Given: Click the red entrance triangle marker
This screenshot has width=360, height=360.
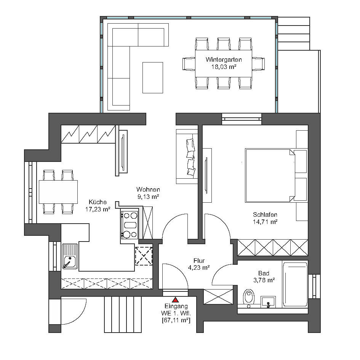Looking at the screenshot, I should point(175,300).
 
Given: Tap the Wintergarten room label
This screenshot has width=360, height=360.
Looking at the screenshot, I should point(223,60).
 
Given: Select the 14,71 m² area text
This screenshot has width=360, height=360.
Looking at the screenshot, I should point(265,221).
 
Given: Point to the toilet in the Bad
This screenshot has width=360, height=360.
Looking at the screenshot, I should point(249,296).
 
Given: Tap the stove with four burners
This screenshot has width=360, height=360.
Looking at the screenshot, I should point(130,224).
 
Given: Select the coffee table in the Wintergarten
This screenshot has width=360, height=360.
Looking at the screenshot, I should point(152,77).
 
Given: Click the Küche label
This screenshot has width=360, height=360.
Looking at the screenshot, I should point(98,202).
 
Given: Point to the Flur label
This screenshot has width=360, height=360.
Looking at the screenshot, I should point(199,261).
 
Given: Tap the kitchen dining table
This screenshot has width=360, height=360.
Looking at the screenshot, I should point(58,192).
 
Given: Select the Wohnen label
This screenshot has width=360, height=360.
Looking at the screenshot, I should point(148,189).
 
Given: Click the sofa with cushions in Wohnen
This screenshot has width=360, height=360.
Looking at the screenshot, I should point(187,156).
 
